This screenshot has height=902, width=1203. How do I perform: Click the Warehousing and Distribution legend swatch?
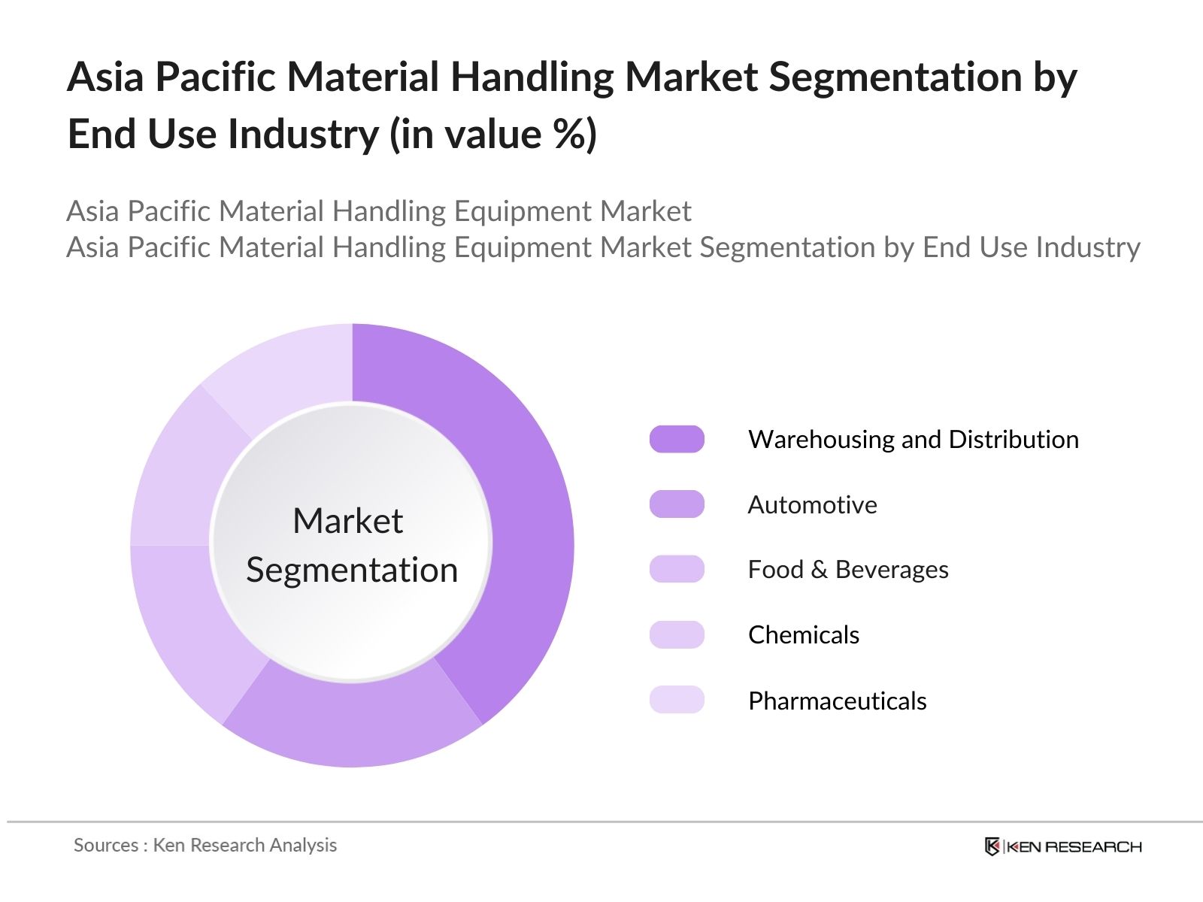tap(677, 439)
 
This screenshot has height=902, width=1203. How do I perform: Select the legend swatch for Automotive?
tap(677, 504)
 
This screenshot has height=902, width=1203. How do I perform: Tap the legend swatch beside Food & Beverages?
tap(677, 569)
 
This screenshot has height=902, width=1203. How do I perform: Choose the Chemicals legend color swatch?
tap(677, 634)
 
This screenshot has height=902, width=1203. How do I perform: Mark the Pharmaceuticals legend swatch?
tap(677, 700)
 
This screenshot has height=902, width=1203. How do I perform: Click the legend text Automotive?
tap(812, 504)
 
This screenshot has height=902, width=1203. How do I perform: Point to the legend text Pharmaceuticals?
tap(837, 701)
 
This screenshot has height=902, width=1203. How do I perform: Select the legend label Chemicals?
tap(803, 635)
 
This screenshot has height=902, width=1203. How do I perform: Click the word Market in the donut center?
tap(347, 521)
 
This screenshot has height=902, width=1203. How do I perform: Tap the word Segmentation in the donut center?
tap(352, 570)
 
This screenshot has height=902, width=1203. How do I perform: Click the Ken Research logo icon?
tap(992, 846)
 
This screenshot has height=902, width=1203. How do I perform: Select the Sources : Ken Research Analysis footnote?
tap(205, 845)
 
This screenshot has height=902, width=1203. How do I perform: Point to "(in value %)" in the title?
tap(492, 135)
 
